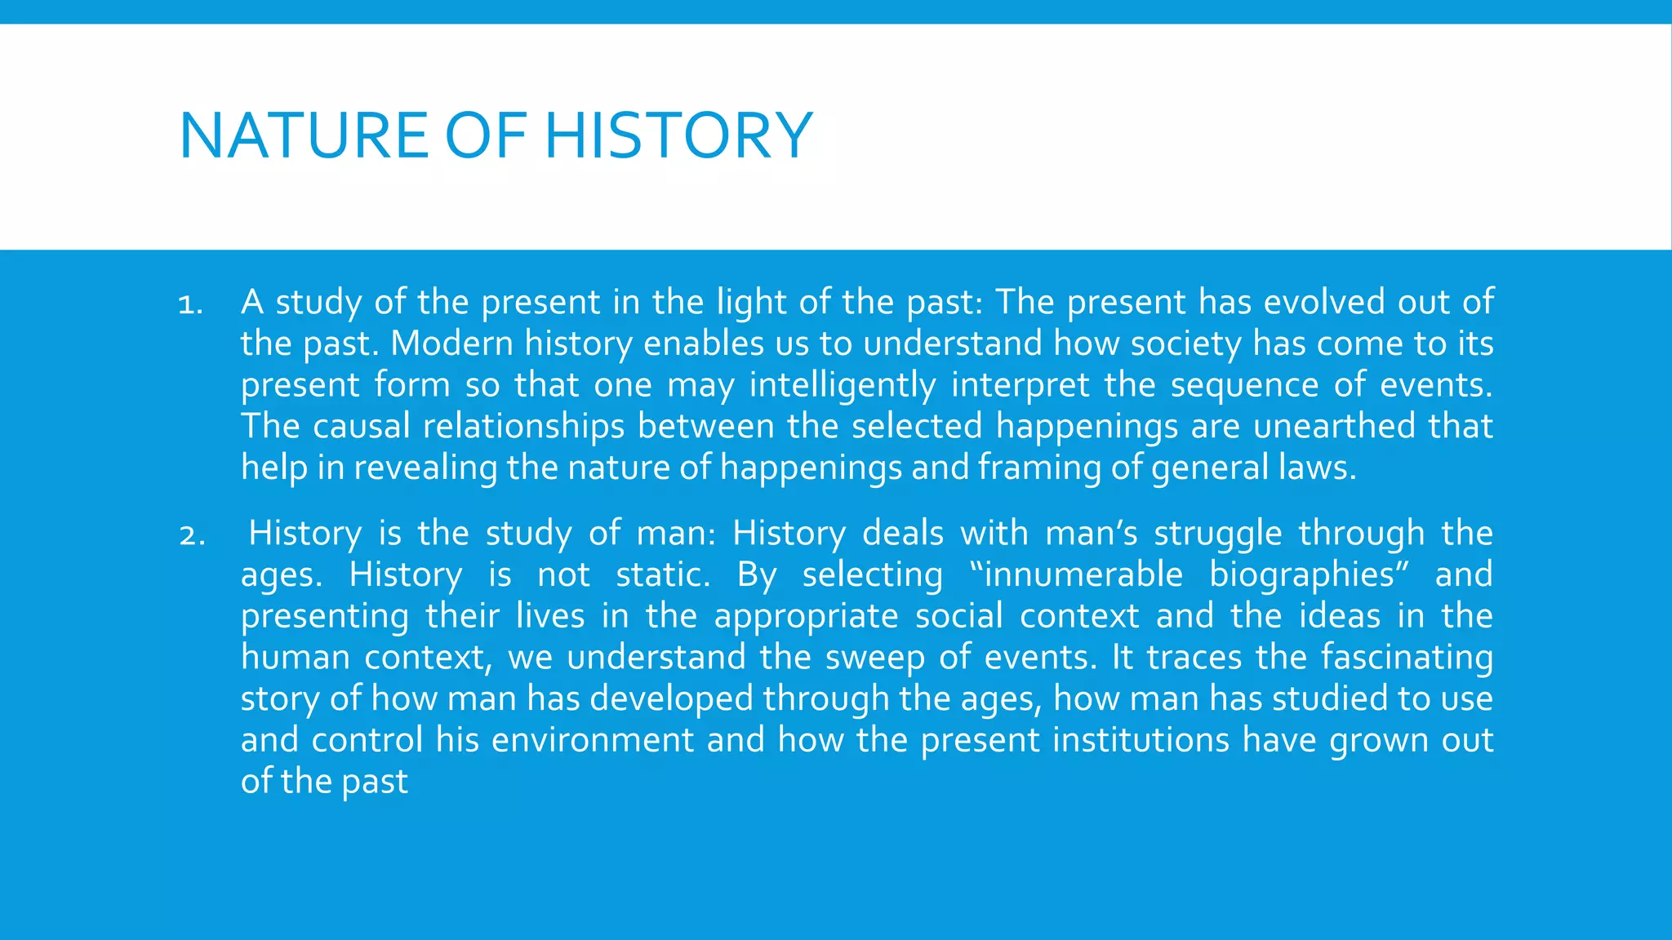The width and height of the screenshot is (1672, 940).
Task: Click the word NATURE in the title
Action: point(304,135)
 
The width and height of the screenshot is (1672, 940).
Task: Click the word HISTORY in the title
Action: point(678,135)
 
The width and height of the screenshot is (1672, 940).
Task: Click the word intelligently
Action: point(842,385)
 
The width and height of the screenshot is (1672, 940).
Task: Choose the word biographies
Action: point(1301,576)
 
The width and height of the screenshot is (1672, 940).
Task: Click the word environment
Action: point(592,740)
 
